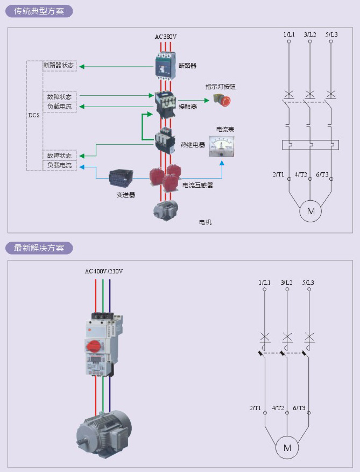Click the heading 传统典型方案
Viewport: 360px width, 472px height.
click(39, 11)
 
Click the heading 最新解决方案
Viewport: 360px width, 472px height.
click(39, 248)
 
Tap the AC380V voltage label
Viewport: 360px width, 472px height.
click(166, 37)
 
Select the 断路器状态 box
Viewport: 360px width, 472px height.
click(59, 66)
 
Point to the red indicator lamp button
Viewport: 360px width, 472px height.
click(222, 100)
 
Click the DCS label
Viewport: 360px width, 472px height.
click(34, 115)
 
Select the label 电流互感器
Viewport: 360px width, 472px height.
click(197, 185)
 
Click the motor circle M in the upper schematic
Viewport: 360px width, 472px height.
click(310, 211)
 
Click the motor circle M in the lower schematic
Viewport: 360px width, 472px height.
click(287, 448)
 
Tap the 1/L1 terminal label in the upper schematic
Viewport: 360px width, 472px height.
click(289, 34)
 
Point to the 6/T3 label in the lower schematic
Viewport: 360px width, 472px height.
click(299, 408)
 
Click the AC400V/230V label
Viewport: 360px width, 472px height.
click(104, 271)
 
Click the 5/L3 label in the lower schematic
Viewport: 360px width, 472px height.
click(308, 283)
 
